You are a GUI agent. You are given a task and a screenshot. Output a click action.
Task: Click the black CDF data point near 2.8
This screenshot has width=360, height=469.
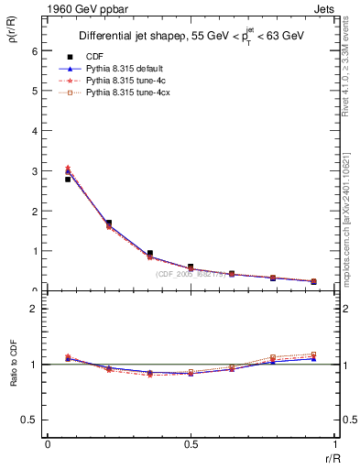tap(68, 180)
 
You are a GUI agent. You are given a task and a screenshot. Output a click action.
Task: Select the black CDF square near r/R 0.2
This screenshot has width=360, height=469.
tap(108, 223)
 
